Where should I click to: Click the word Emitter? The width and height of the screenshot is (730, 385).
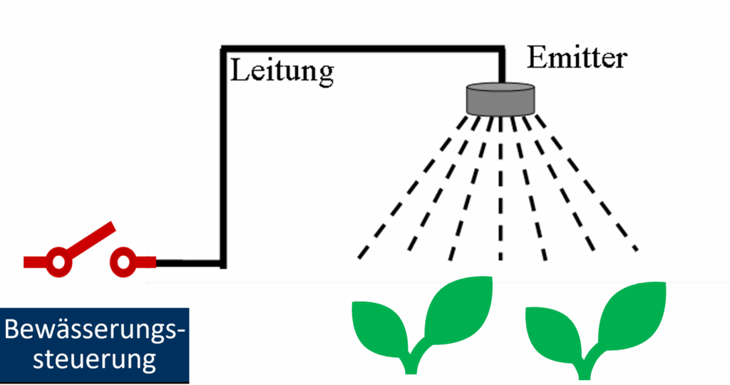click(x=577, y=58)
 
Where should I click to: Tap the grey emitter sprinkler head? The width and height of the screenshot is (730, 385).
click(x=500, y=98)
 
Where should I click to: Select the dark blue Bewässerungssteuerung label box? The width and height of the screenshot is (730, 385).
click(x=95, y=346)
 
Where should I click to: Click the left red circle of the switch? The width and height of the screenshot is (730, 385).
click(x=58, y=262)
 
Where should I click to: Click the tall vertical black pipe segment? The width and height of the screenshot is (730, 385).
click(x=223, y=157)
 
